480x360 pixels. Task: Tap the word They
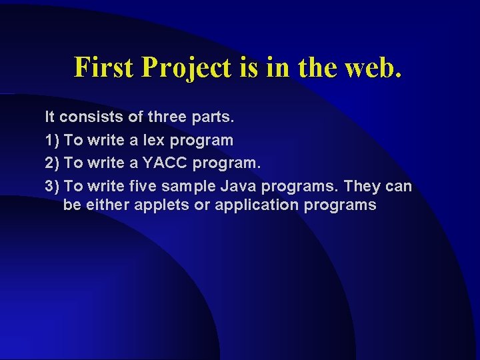362,185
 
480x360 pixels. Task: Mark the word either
107,205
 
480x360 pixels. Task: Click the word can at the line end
399,185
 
